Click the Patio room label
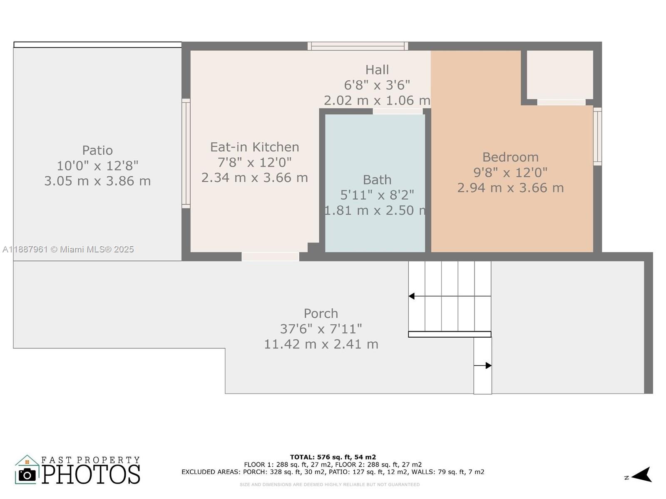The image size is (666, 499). point(97,150)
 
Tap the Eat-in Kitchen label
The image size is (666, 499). point(254,147)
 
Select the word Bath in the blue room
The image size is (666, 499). point(377,180)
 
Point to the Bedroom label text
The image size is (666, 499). point(510,157)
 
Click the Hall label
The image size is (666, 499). point(377,69)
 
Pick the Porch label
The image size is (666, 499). point(321,314)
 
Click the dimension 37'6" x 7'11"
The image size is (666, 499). point(321,329)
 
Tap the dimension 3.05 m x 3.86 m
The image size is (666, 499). point(97,181)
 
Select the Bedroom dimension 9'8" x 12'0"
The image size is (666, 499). point(510,172)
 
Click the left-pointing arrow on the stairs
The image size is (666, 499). point(412,296)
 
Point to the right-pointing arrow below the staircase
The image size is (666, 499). point(488,366)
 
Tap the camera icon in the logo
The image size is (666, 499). point(27,475)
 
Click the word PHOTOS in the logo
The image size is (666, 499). point(91,474)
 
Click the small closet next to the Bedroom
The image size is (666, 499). point(560,74)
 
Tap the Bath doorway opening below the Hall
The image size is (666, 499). point(398,111)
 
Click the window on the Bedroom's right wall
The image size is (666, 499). point(597,136)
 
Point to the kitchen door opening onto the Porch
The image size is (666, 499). point(270,257)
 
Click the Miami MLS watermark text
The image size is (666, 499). point(68,249)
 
